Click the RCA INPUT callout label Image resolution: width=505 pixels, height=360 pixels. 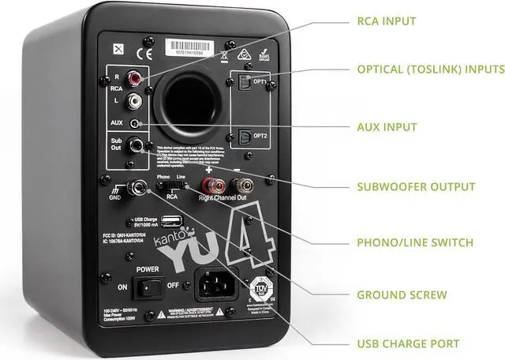[386, 21]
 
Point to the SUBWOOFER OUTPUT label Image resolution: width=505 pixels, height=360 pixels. [416, 187]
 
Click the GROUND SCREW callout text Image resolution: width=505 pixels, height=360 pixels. [402, 295]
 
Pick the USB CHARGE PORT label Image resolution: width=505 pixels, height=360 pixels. [408, 343]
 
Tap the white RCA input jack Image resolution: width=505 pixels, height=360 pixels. [139, 100]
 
